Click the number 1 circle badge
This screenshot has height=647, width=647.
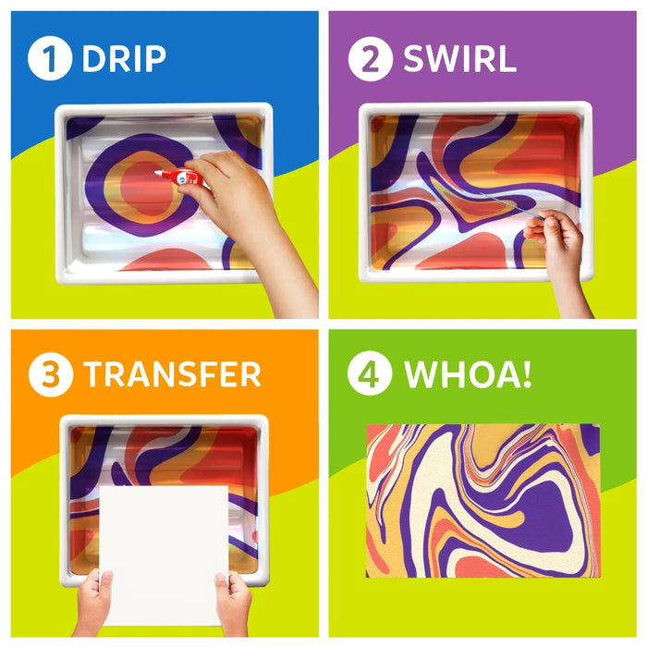[50, 58]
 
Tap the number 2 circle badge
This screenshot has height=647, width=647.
[370, 58]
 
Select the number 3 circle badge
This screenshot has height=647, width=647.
[50, 375]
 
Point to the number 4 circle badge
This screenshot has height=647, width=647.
[370, 375]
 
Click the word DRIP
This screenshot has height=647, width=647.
[124, 58]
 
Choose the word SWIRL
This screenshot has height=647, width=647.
[459, 58]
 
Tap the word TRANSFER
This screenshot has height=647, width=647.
[172, 375]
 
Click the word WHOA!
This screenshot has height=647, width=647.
[468, 375]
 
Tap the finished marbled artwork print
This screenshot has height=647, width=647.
[482, 500]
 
